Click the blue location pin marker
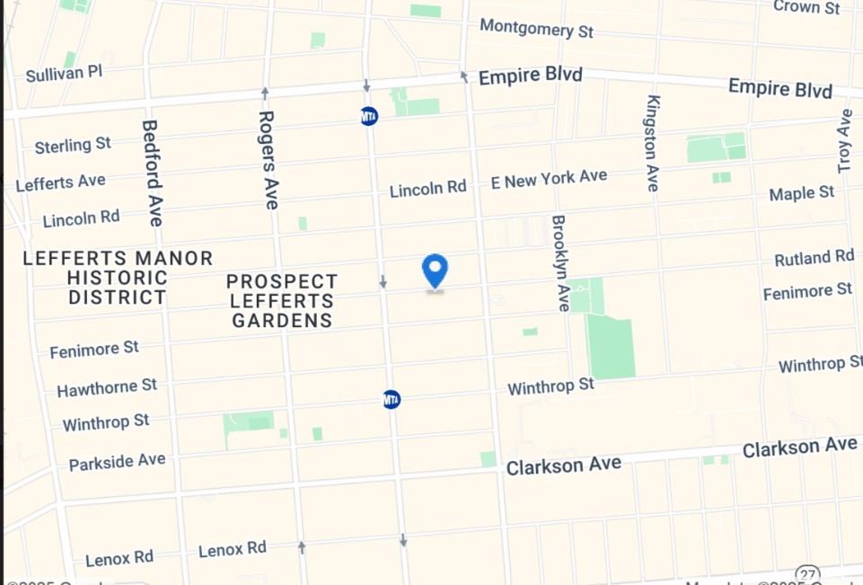point(435,270)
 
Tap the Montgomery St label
point(536,28)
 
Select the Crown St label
point(806,6)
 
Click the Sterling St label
point(73,145)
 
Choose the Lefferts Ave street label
point(60,182)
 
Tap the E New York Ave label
point(549,179)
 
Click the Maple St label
point(802,193)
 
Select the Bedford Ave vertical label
point(152,173)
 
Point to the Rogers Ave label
point(268,159)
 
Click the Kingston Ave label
point(653,143)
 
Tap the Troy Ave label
point(845,141)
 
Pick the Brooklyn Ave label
point(560,262)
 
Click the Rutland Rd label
point(814,258)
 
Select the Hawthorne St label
point(107,387)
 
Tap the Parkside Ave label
point(117,462)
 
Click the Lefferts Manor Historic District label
point(118,278)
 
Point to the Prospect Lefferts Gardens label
point(282,301)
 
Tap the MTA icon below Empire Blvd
point(368,116)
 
